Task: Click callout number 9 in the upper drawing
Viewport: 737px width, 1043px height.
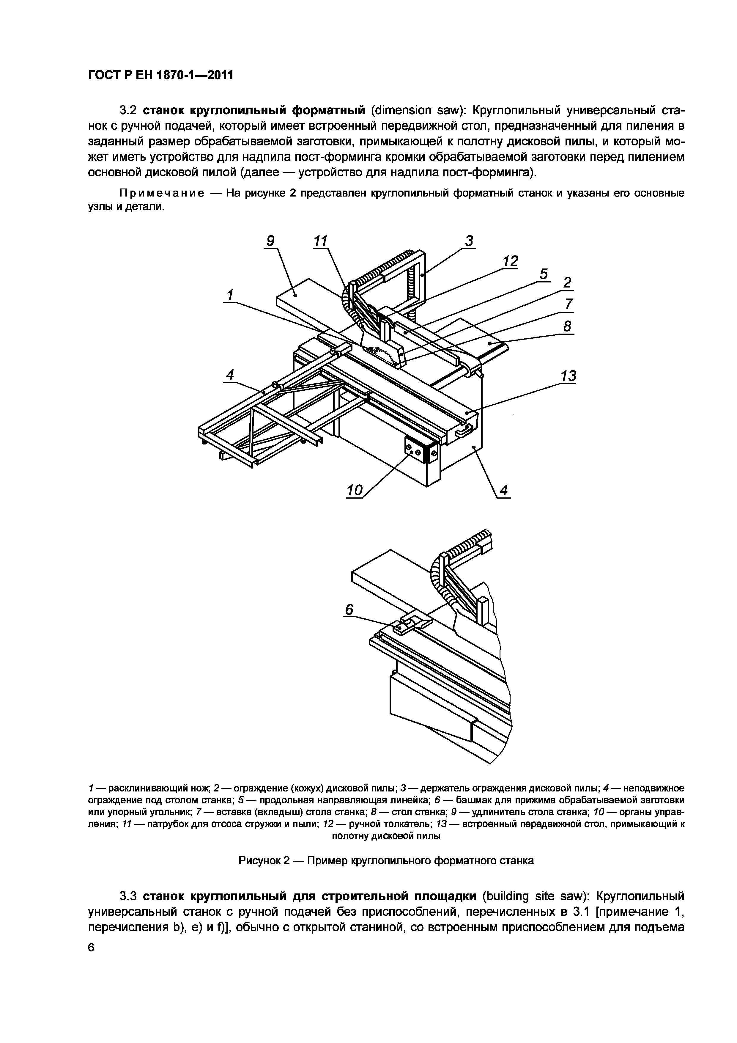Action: [x=271, y=241]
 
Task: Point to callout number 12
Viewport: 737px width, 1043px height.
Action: [x=511, y=261]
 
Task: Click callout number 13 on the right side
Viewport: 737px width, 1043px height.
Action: [x=544, y=274]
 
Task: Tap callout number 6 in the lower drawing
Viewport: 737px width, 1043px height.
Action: [x=349, y=610]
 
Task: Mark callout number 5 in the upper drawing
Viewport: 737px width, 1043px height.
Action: [x=544, y=274]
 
